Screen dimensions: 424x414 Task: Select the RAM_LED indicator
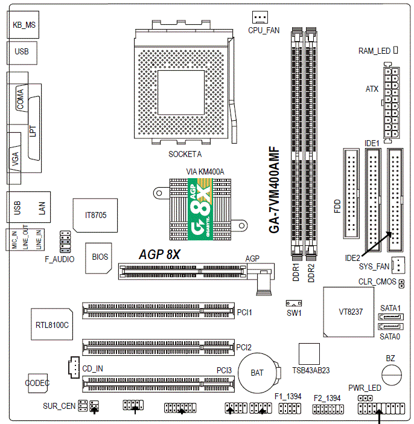coord(395,50)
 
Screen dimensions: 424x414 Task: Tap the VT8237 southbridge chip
coord(348,312)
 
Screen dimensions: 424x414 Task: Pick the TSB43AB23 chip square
coord(308,353)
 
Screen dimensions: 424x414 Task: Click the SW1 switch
coord(295,303)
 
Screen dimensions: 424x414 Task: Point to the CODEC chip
coord(37,382)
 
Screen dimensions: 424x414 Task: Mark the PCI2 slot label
coord(244,347)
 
